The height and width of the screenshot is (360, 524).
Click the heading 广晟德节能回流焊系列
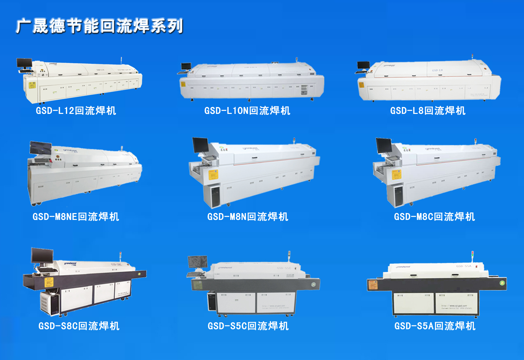click(x=100, y=26)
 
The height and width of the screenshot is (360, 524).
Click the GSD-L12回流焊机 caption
click(x=76, y=111)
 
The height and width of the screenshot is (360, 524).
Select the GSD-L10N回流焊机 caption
click(x=247, y=111)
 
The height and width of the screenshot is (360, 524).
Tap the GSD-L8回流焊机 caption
click(x=428, y=111)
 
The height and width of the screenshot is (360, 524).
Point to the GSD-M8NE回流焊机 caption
click(x=76, y=217)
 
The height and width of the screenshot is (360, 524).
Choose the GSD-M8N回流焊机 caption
click(x=248, y=217)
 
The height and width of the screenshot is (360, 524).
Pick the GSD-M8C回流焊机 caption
click(x=434, y=217)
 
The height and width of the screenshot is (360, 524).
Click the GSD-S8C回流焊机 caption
click(x=79, y=326)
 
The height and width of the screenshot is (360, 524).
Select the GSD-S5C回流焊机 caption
click(x=248, y=326)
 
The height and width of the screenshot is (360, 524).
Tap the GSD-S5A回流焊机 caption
click(x=435, y=326)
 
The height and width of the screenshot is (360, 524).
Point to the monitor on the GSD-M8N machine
click(x=200, y=145)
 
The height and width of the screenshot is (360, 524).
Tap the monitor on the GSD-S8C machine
click(x=42, y=255)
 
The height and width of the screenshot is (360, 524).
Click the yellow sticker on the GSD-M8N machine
click(x=213, y=175)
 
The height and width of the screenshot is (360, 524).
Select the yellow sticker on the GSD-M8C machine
click(x=397, y=175)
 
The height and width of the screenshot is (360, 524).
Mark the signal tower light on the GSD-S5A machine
click(x=472, y=255)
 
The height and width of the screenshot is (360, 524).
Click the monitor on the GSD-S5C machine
click(x=197, y=261)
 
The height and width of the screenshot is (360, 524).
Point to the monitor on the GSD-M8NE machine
click(x=41, y=148)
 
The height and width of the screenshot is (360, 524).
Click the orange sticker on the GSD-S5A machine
click(x=372, y=285)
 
